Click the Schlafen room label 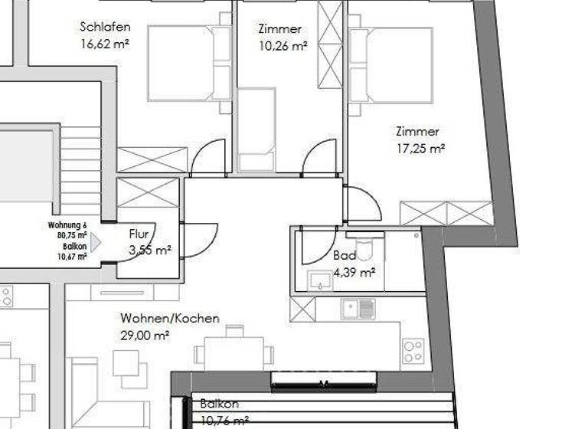click(103, 28)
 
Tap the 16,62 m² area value click(104, 44)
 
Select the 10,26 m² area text click(283, 45)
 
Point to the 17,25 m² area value click(420, 148)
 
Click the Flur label click(139, 235)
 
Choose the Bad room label click(345, 256)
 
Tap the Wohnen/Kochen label click(169, 318)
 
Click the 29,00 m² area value click(145, 334)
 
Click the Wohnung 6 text click(67, 225)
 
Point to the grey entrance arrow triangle click(95, 243)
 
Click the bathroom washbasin click(319, 281)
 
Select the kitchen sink click(358, 309)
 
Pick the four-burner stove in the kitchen click(413, 351)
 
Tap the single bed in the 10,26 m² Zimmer click(256, 129)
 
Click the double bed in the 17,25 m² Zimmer click(391, 65)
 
